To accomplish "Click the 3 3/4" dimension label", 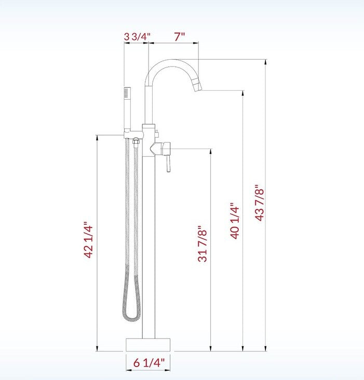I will point(137,37).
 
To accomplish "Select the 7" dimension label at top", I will point(179,37).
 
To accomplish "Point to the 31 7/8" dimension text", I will point(203,243).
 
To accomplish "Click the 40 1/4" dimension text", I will point(235,221).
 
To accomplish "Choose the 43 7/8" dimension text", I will point(259,203).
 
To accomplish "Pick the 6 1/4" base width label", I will point(149,363).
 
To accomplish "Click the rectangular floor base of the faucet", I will point(149,344).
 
